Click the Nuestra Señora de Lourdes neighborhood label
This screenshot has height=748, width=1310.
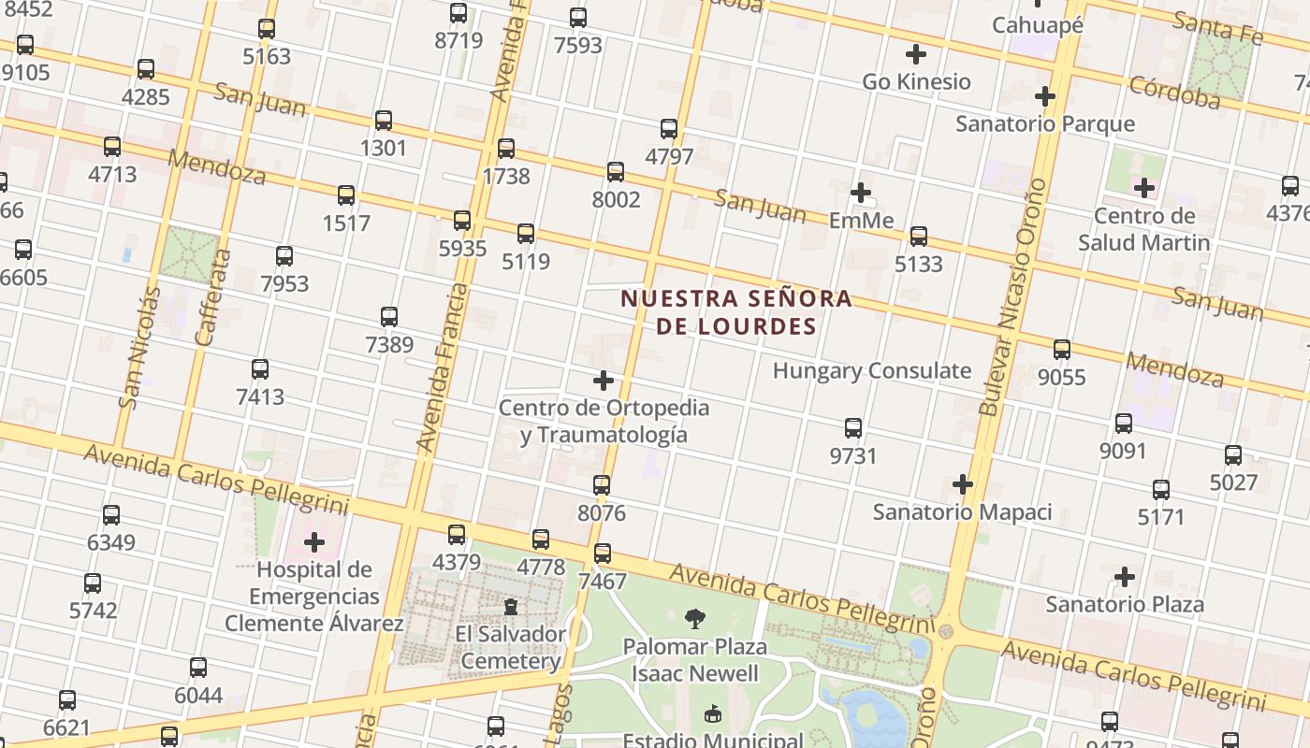(x=736, y=312)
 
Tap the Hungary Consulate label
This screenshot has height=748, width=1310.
(x=871, y=370)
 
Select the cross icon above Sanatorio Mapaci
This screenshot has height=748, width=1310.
(x=963, y=484)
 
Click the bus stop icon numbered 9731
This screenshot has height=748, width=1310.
(x=853, y=428)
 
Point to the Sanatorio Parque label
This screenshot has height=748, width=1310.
(x=1044, y=123)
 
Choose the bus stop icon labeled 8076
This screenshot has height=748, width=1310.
(x=602, y=485)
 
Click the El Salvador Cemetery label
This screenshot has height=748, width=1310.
(x=511, y=648)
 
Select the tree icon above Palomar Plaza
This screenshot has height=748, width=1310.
(x=695, y=618)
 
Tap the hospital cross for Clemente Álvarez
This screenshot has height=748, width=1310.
(x=314, y=542)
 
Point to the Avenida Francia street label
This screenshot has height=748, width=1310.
(x=443, y=367)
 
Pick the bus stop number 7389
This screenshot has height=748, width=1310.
(x=389, y=317)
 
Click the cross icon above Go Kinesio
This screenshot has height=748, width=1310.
(x=916, y=54)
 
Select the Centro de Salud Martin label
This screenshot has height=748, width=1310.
(x=1143, y=230)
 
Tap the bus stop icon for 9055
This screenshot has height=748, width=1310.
(x=1062, y=350)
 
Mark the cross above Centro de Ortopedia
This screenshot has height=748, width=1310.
(x=604, y=381)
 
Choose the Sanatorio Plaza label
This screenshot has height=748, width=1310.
(x=1125, y=604)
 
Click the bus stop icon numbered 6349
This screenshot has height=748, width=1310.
(x=111, y=514)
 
